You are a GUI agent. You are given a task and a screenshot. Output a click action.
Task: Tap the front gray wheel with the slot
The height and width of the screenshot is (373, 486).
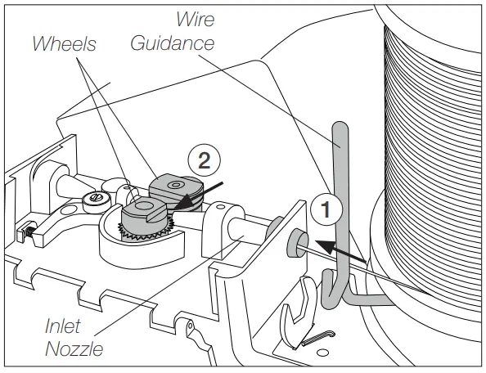coord(145,216)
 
